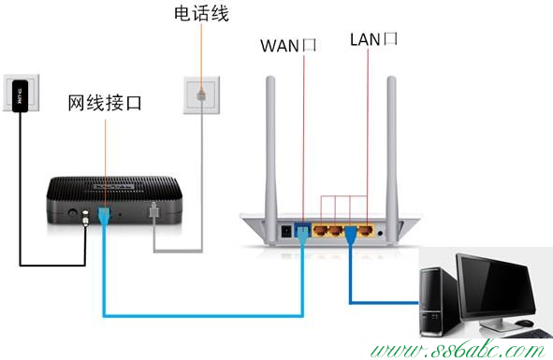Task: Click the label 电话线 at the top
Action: [x=201, y=14]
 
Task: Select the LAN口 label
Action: [x=374, y=39]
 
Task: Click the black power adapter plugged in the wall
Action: [x=19, y=94]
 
